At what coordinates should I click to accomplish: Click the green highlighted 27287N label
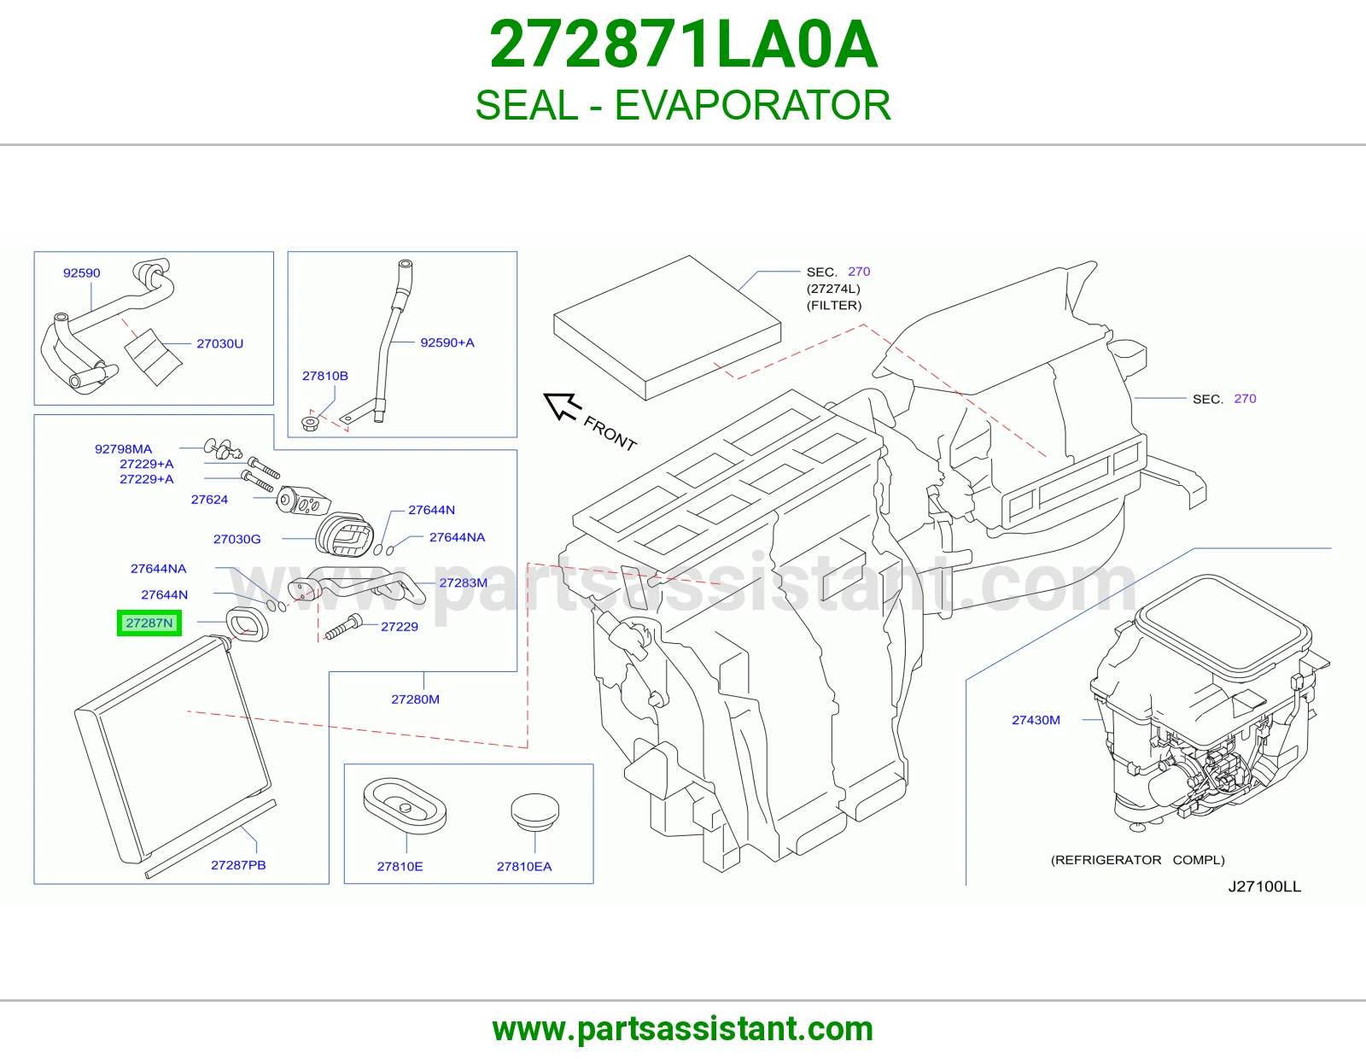(x=149, y=623)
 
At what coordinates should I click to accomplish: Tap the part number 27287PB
(x=238, y=864)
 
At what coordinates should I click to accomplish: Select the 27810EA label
(x=524, y=866)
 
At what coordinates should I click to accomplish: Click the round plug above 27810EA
(x=534, y=812)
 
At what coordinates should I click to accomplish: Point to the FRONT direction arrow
(x=562, y=406)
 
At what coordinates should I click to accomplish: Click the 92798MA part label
(x=123, y=448)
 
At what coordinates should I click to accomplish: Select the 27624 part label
(x=209, y=499)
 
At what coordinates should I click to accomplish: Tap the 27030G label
(x=237, y=538)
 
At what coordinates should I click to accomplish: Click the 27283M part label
(x=464, y=582)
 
